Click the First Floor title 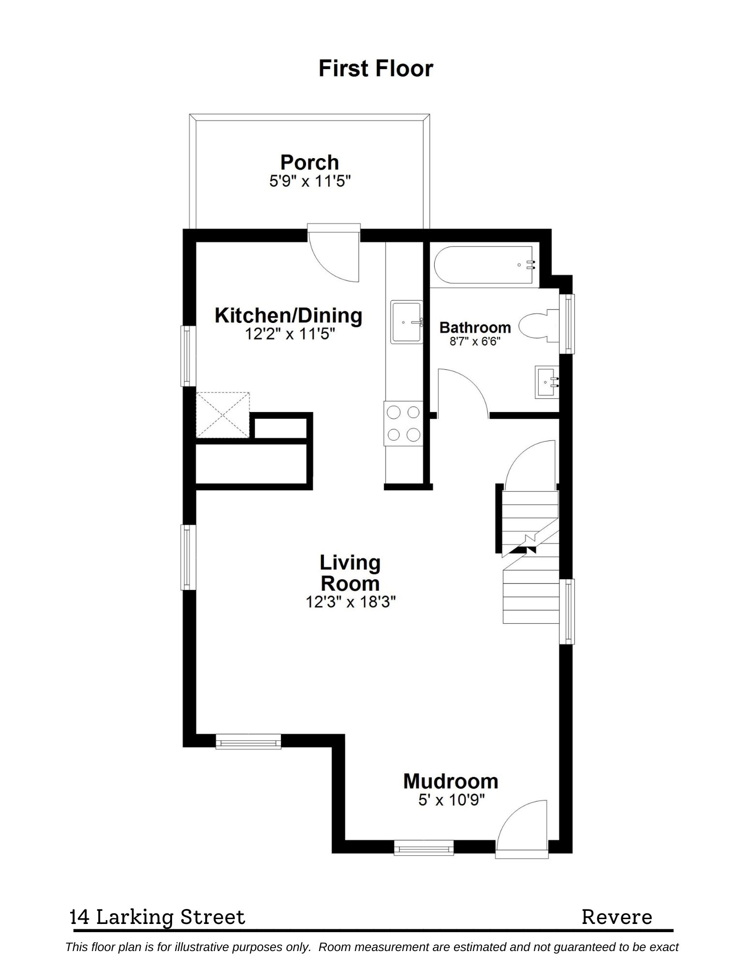(375, 69)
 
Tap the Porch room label (309, 162)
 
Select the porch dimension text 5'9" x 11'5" (309, 182)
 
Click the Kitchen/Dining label (288, 315)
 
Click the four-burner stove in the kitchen (403, 424)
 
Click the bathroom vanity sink (547, 382)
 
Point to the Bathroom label (475, 327)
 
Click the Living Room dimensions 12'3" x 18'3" (351, 602)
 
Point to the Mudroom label (451, 781)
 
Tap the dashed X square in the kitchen (222, 415)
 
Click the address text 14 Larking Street (158, 917)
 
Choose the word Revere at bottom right (616, 917)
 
